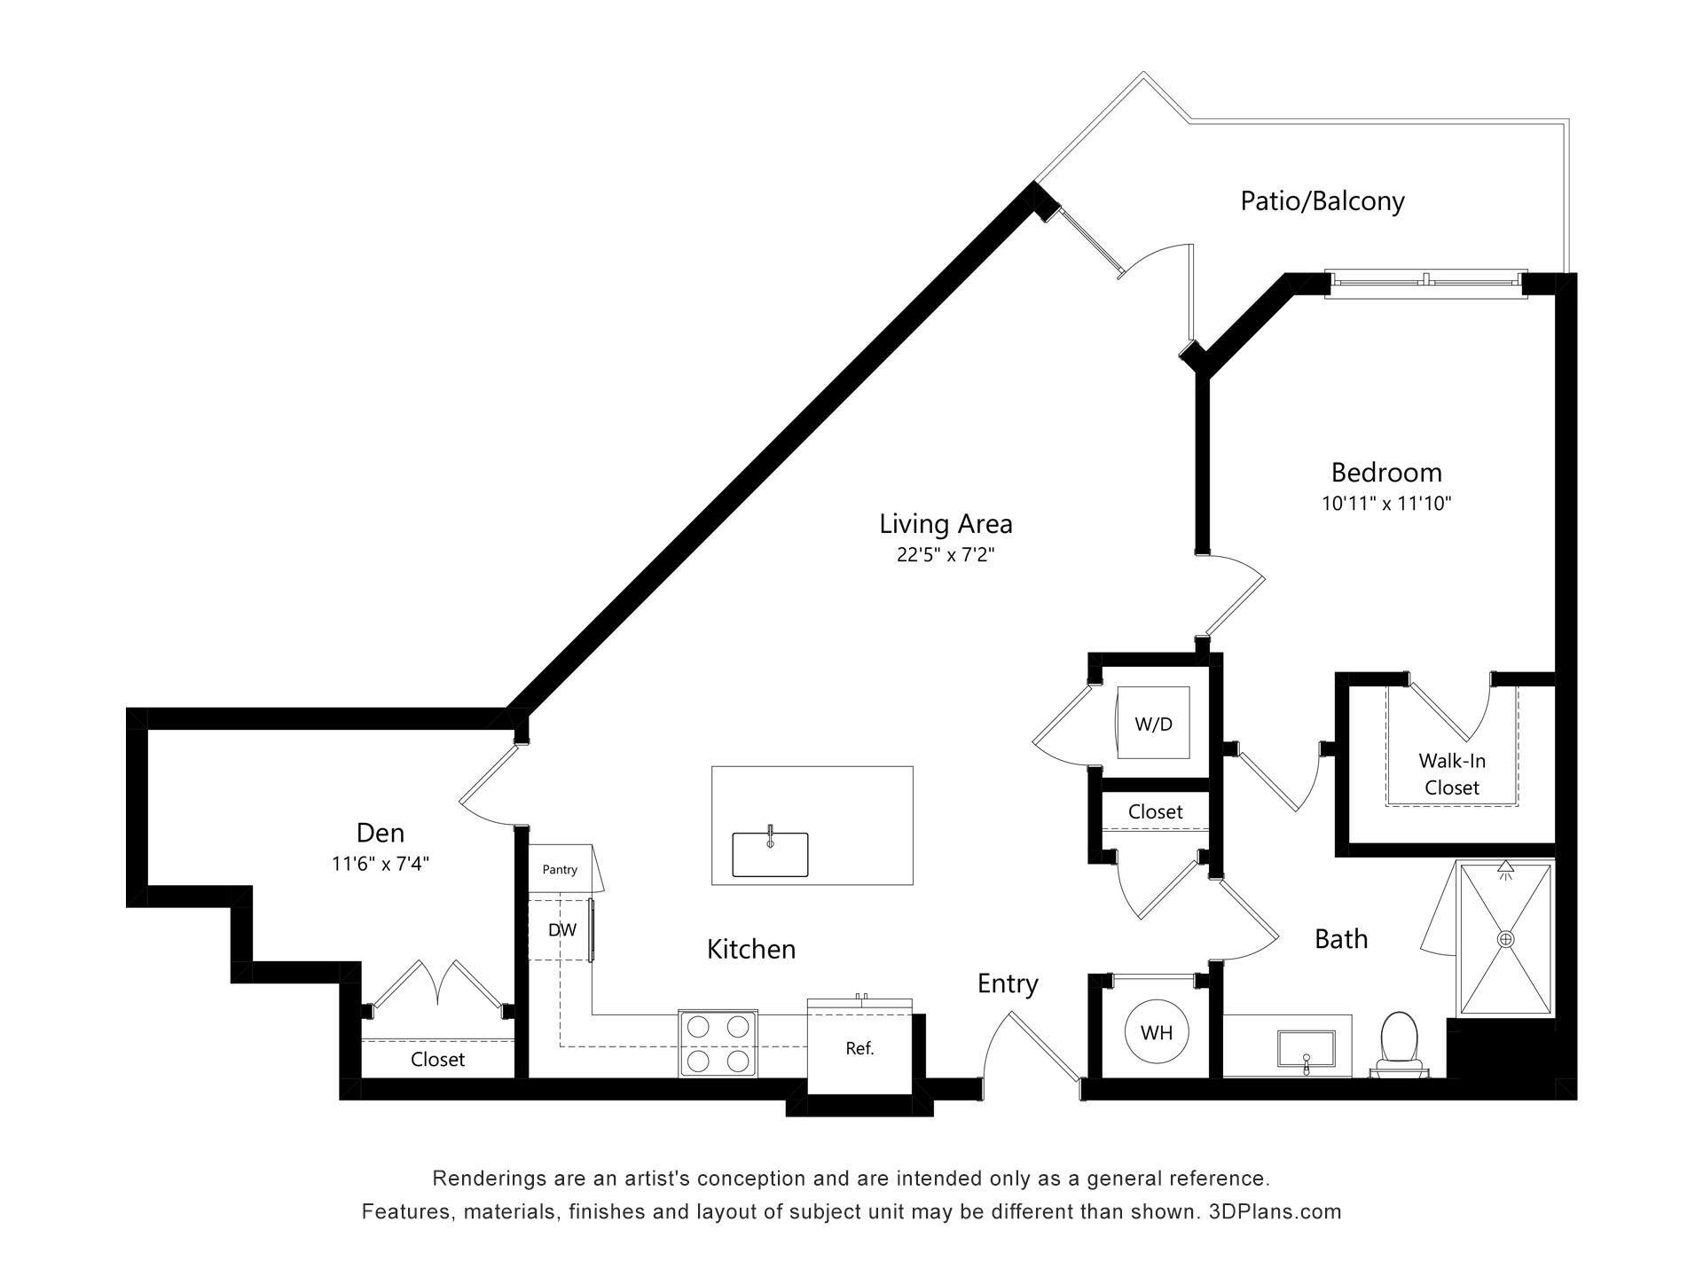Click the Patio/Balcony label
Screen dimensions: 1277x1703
point(1322,201)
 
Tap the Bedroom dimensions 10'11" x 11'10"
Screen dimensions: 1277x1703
point(1385,504)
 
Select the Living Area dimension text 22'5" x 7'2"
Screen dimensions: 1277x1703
point(946,555)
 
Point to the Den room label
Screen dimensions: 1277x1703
point(380,833)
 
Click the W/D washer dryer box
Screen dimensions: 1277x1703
point(1153,723)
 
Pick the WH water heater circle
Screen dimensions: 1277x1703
point(1157,1032)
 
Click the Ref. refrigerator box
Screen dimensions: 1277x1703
point(859,1048)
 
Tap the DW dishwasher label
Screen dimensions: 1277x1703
point(561,930)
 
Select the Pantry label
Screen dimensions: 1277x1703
point(560,869)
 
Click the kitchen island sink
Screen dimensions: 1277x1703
point(770,853)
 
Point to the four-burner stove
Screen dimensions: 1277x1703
point(718,1043)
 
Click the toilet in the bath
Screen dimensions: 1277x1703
point(1399,1043)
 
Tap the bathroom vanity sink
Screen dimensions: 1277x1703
point(1306,1048)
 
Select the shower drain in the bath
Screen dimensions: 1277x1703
point(1505,938)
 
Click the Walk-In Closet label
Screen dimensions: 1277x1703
point(1452,773)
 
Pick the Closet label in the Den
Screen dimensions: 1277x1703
point(437,1060)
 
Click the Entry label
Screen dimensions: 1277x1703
point(1008,983)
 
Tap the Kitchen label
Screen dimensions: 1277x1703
point(751,950)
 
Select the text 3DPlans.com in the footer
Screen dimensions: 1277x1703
point(1275,1211)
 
